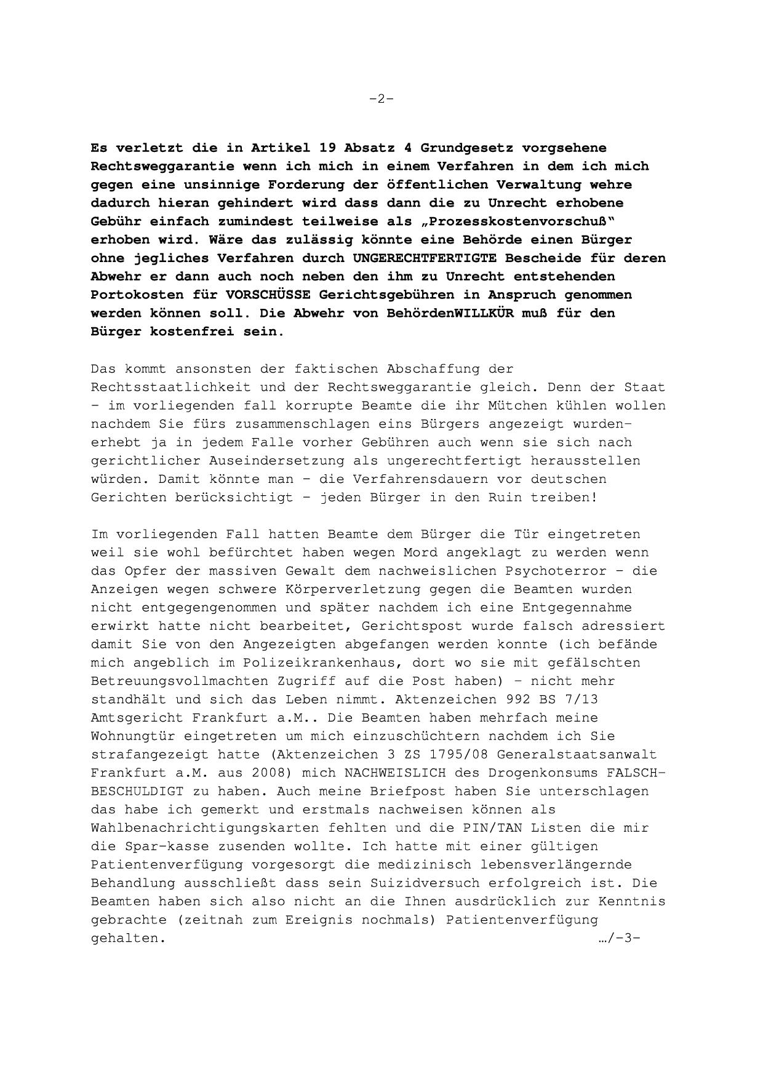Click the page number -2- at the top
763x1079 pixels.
[x=381, y=98]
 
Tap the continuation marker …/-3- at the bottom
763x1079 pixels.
[x=619, y=939]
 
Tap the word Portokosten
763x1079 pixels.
[x=137, y=295]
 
